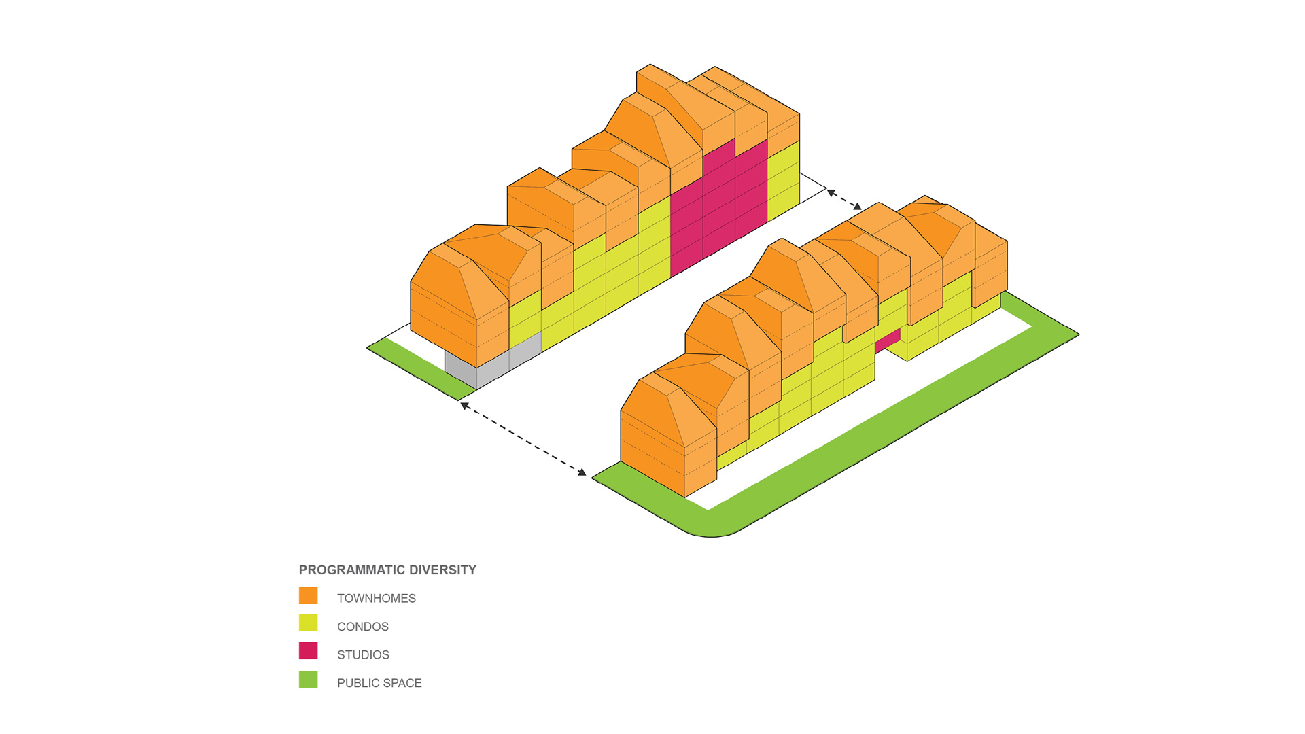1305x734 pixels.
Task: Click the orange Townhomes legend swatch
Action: (308, 595)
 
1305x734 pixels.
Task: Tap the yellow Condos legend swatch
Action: (308, 623)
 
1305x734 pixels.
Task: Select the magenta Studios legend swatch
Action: (308, 651)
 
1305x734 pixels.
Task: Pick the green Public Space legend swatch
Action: (308, 680)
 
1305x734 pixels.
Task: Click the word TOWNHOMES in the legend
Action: (376, 599)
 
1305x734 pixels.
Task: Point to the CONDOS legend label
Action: (362, 627)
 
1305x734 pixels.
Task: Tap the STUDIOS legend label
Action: (363, 655)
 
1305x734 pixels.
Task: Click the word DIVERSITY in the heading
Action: (442, 570)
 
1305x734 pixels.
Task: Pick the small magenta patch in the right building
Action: (888, 340)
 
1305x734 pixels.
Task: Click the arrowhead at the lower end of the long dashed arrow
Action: (582, 472)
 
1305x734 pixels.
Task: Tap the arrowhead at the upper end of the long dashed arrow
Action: (464, 406)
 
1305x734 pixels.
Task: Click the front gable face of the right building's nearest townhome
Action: (651, 435)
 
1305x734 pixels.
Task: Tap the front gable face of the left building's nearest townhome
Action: (442, 306)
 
